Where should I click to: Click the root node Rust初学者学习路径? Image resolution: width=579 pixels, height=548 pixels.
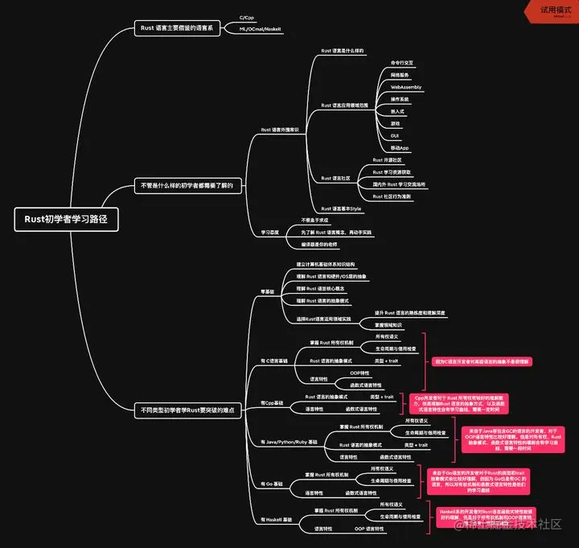pyautogui.click(x=67, y=219)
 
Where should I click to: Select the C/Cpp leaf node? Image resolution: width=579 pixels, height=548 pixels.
pyautogui.click(x=247, y=17)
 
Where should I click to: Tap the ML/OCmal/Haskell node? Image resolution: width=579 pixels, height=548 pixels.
pyautogui.click(x=255, y=28)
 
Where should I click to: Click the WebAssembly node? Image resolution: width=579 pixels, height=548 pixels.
pyautogui.click(x=405, y=86)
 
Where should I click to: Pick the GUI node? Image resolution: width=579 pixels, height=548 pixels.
pyautogui.click(x=395, y=137)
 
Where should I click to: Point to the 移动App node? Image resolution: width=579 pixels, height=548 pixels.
pyautogui.click(x=399, y=148)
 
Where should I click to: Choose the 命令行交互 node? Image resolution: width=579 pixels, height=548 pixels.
pyautogui.click(x=403, y=62)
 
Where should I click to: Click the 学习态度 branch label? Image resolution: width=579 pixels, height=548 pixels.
pyautogui.click(x=269, y=232)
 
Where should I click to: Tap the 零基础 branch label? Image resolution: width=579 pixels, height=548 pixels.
pyautogui.click(x=269, y=292)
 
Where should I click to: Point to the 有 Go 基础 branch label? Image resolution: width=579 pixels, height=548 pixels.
pyautogui.click(x=273, y=484)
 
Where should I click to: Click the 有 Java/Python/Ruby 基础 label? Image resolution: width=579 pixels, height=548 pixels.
pyautogui.click(x=289, y=442)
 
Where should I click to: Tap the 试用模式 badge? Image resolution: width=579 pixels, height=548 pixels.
pyautogui.click(x=551, y=9)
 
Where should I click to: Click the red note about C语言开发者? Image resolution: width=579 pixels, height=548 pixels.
pyautogui.click(x=482, y=361)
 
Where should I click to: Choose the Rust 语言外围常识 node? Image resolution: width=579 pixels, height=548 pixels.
pyautogui.click(x=280, y=129)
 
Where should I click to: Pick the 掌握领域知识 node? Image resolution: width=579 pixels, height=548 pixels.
pyautogui.click(x=392, y=324)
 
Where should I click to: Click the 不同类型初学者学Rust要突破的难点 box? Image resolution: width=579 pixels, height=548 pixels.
pyautogui.click(x=188, y=410)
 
